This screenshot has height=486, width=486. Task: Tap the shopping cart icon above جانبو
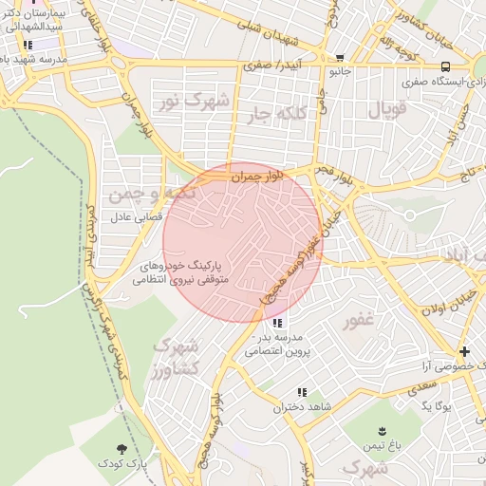[x=340, y=58]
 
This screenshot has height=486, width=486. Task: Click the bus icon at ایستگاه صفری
[x=445, y=66]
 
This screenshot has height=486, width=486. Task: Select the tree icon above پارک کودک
[x=121, y=448]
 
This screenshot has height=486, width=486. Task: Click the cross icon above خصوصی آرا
[x=464, y=351]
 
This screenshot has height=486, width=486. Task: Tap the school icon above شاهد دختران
[x=302, y=392]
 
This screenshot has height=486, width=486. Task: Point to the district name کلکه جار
[x=277, y=115]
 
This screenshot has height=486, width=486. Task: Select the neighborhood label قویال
[x=387, y=110]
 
